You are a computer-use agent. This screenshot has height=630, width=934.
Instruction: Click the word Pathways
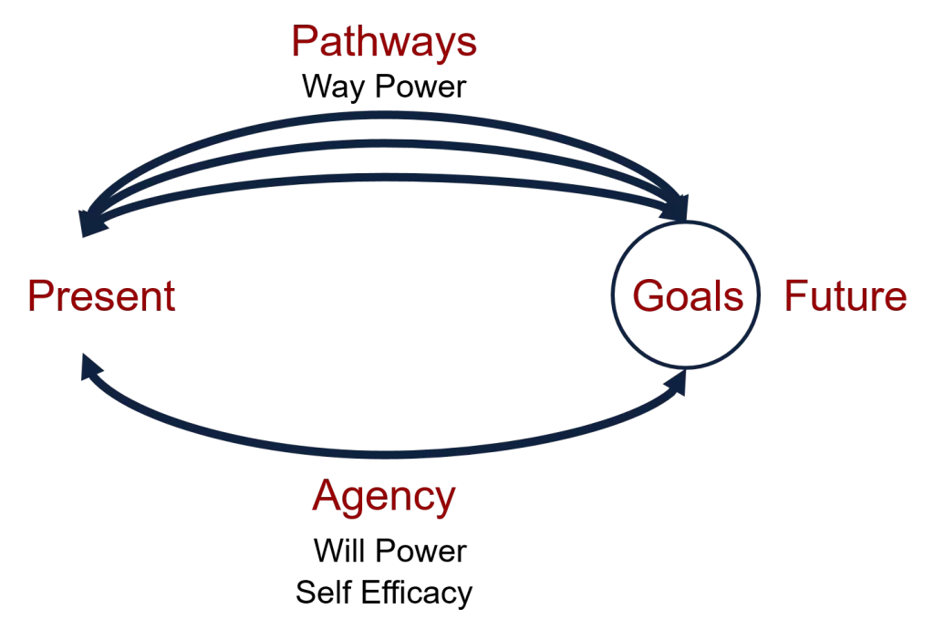click(x=383, y=42)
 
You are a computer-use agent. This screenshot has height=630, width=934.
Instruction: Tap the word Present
click(x=100, y=296)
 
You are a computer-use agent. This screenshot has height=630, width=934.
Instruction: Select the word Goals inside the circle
click(x=687, y=296)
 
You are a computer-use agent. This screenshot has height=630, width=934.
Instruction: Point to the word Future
click(x=846, y=296)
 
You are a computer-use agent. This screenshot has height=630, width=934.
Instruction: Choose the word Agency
click(x=383, y=497)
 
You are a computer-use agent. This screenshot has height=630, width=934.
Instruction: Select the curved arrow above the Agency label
click(x=383, y=453)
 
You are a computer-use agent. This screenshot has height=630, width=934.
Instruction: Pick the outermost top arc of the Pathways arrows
click(x=383, y=117)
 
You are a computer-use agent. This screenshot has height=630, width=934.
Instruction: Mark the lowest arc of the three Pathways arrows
click(x=383, y=176)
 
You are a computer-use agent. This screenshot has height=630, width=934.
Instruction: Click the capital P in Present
click(x=38, y=296)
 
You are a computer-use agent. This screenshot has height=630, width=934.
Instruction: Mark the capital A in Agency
click(x=326, y=497)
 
